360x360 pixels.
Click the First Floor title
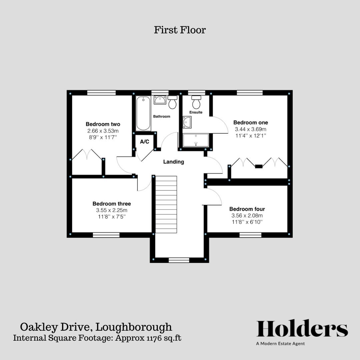[180, 30]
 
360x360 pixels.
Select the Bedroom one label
[250, 123]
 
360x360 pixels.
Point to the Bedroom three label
[112, 204]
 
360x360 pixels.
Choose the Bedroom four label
[247, 209]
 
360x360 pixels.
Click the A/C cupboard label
[144, 142]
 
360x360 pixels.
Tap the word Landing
[173, 162]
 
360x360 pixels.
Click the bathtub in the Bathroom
[143, 113]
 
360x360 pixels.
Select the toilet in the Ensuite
[196, 102]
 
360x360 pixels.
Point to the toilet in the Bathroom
[172, 102]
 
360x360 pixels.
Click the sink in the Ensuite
[187, 122]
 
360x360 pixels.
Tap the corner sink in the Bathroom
[159, 100]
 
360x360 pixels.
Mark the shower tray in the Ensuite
[196, 140]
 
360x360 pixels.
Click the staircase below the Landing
[166, 204]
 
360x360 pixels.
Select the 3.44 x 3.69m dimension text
[250, 129]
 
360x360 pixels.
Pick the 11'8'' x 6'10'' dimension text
[247, 222]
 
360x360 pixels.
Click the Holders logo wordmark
[302, 329]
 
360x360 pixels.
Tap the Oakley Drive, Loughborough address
[96, 327]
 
